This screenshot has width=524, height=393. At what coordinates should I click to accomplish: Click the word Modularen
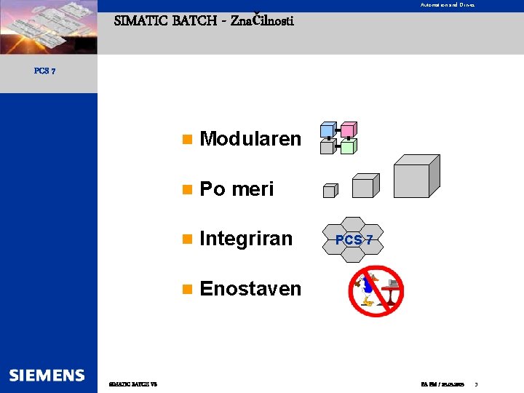coord(250,139)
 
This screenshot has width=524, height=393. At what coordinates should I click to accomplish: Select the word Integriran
coord(246,239)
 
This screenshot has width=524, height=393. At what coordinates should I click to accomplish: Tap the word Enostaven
coord(250,289)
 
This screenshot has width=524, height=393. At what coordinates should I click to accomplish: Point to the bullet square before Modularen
coord(188,139)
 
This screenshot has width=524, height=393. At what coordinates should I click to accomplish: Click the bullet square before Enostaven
coord(188,289)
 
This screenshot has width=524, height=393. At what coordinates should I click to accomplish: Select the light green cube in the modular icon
coord(348,147)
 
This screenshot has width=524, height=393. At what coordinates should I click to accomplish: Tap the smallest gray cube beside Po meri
coord(330,191)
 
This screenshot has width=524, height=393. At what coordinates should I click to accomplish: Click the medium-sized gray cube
coord(364,186)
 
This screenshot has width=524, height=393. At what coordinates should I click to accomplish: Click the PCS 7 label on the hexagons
coord(354,239)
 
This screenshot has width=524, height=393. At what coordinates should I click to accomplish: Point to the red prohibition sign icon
coord(376,290)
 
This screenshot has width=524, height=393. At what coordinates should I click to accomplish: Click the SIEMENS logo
coord(47,376)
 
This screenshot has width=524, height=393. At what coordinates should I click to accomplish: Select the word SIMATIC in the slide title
coord(141,20)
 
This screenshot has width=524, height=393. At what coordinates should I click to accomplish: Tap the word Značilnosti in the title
coord(262,20)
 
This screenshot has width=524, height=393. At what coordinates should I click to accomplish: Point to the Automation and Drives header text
coord(447,5)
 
